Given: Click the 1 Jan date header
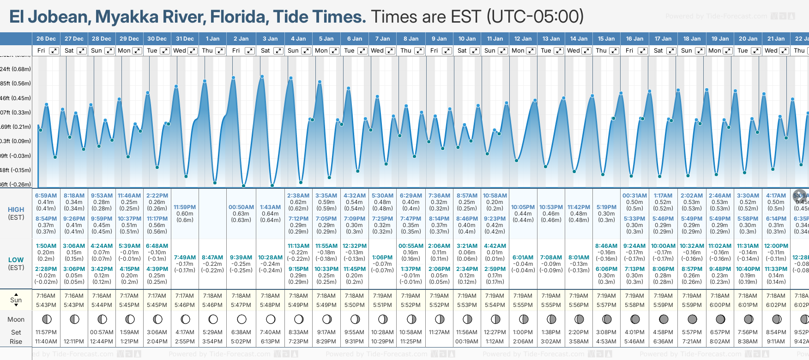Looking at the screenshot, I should (x=213, y=39).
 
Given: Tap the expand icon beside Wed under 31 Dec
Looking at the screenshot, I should (x=192, y=51).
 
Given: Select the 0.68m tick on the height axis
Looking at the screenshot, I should (x=16, y=69).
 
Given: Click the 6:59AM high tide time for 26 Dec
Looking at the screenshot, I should (x=46, y=196).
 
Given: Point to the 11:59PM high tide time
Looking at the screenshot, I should (x=185, y=207).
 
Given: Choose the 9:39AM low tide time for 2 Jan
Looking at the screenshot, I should (x=241, y=258).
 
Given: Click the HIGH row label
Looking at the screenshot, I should (x=16, y=210).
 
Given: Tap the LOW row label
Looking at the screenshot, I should (x=16, y=260).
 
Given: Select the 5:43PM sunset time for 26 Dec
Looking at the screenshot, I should (x=46, y=305).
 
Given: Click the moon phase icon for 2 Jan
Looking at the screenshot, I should (x=241, y=319).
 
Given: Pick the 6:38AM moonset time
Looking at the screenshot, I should (x=241, y=332).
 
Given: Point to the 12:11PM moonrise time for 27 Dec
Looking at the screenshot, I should (x=74, y=342).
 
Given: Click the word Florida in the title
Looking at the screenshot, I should (x=239, y=17).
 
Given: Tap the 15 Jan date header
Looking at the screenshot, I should (x=606, y=39).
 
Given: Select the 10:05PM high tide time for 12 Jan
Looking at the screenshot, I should (x=523, y=207).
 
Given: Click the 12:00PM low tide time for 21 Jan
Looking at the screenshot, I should (x=776, y=246).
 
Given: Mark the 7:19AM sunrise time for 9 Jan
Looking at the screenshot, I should (x=439, y=296).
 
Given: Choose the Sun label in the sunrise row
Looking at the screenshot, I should (x=16, y=300).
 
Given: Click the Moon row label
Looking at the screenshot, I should (x=16, y=319).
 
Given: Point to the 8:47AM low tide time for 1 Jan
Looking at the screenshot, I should (x=213, y=258).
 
